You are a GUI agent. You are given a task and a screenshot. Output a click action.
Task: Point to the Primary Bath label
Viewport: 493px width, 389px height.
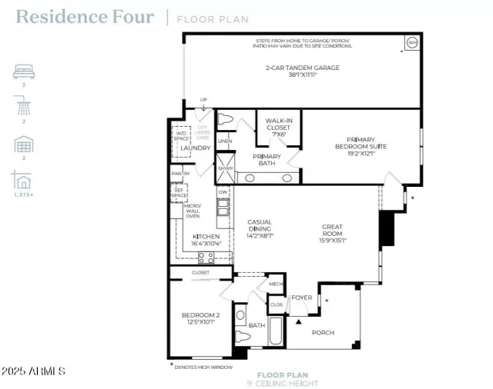coord(267,160)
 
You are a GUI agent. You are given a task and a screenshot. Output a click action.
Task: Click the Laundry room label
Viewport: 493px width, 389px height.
coord(196,148)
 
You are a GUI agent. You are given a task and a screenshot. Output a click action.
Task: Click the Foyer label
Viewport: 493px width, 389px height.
coord(301,298)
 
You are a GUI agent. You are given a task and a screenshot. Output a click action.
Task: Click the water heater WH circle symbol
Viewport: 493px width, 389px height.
coord(411,42)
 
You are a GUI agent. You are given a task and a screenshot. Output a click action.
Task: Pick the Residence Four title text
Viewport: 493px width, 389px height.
coord(85,17)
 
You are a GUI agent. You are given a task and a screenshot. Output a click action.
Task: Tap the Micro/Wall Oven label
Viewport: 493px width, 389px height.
coord(193,211)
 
